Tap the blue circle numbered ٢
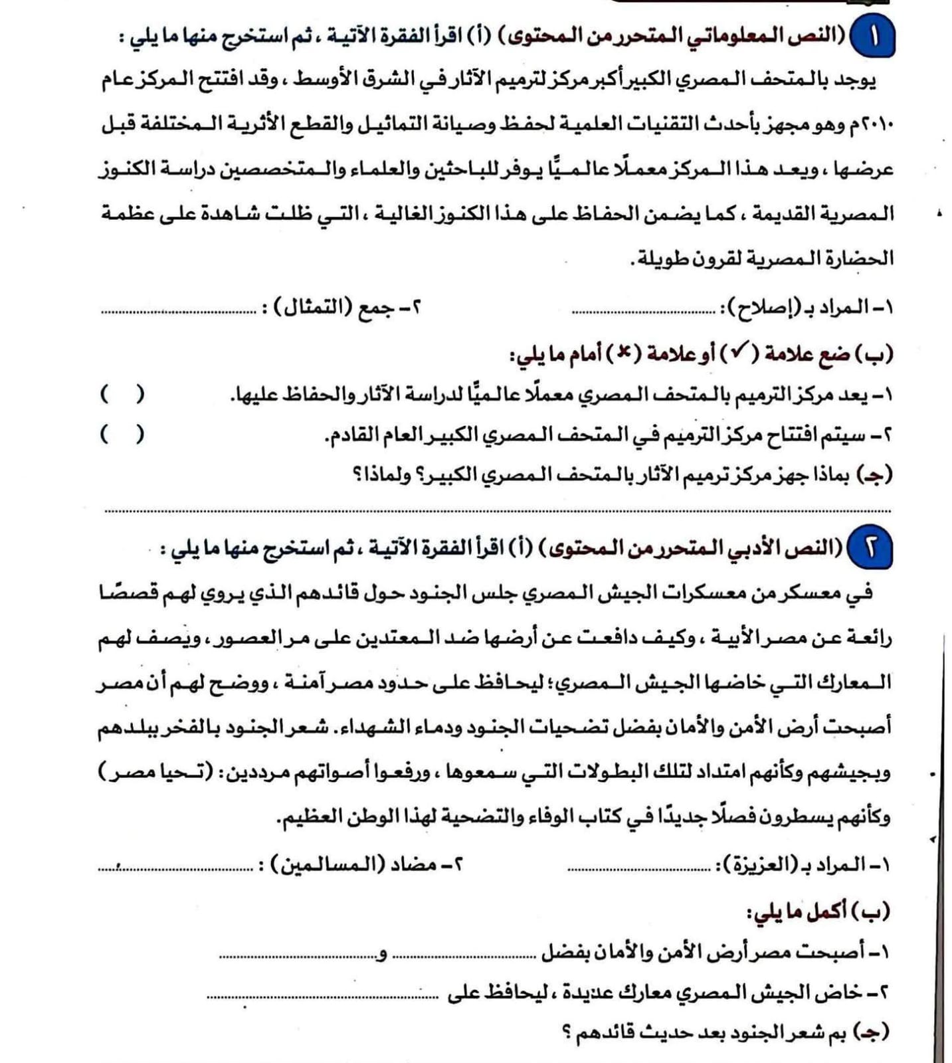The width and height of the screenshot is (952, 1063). [870, 550]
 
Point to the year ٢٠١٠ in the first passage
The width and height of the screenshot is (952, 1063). [880, 126]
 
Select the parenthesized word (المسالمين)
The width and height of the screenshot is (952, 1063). [326, 866]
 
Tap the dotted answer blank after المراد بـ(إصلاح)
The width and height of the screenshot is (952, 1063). [643, 310]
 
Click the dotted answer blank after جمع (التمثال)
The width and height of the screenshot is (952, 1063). [178, 310]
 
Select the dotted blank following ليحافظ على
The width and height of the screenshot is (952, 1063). [322, 996]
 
